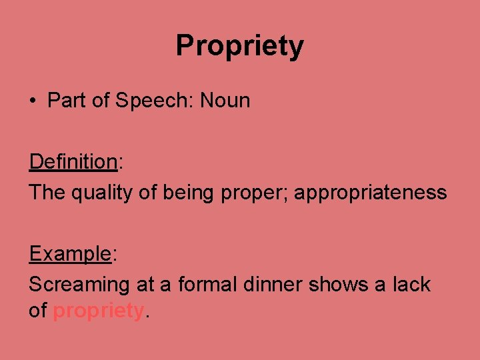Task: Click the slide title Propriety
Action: (240, 46)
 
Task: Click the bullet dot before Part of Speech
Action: (33, 101)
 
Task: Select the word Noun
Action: (225, 101)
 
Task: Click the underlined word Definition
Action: (73, 161)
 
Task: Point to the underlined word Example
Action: (69, 253)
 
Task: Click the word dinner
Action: (274, 285)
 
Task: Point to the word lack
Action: (411, 285)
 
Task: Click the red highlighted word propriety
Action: (98, 311)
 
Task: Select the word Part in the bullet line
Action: (67, 101)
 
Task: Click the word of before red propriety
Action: (37, 310)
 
